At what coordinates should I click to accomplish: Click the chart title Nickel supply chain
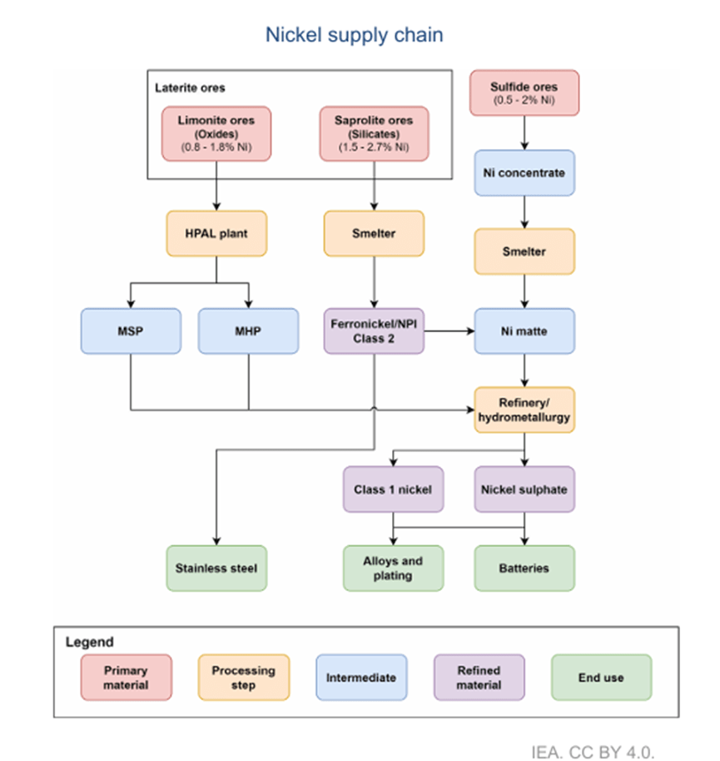[354, 35]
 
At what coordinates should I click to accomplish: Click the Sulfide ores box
[524, 92]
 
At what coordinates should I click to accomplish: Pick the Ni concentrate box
[524, 173]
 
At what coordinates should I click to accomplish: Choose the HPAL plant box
[216, 234]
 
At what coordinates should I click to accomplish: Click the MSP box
[131, 331]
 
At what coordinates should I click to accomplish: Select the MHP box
[248, 331]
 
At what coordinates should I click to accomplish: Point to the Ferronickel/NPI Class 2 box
[374, 331]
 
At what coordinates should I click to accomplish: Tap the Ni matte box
[524, 331]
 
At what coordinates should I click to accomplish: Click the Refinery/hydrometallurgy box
[524, 410]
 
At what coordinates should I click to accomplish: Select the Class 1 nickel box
[393, 490]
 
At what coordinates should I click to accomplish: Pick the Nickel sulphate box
[524, 490]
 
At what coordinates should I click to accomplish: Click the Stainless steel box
[216, 569]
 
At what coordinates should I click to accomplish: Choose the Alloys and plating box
[393, 569]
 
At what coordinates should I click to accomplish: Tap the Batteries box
[524, 569]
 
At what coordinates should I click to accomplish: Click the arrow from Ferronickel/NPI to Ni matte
[449, 331]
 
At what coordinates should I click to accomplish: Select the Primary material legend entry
[127, 678]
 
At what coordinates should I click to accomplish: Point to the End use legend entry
[601, 678]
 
